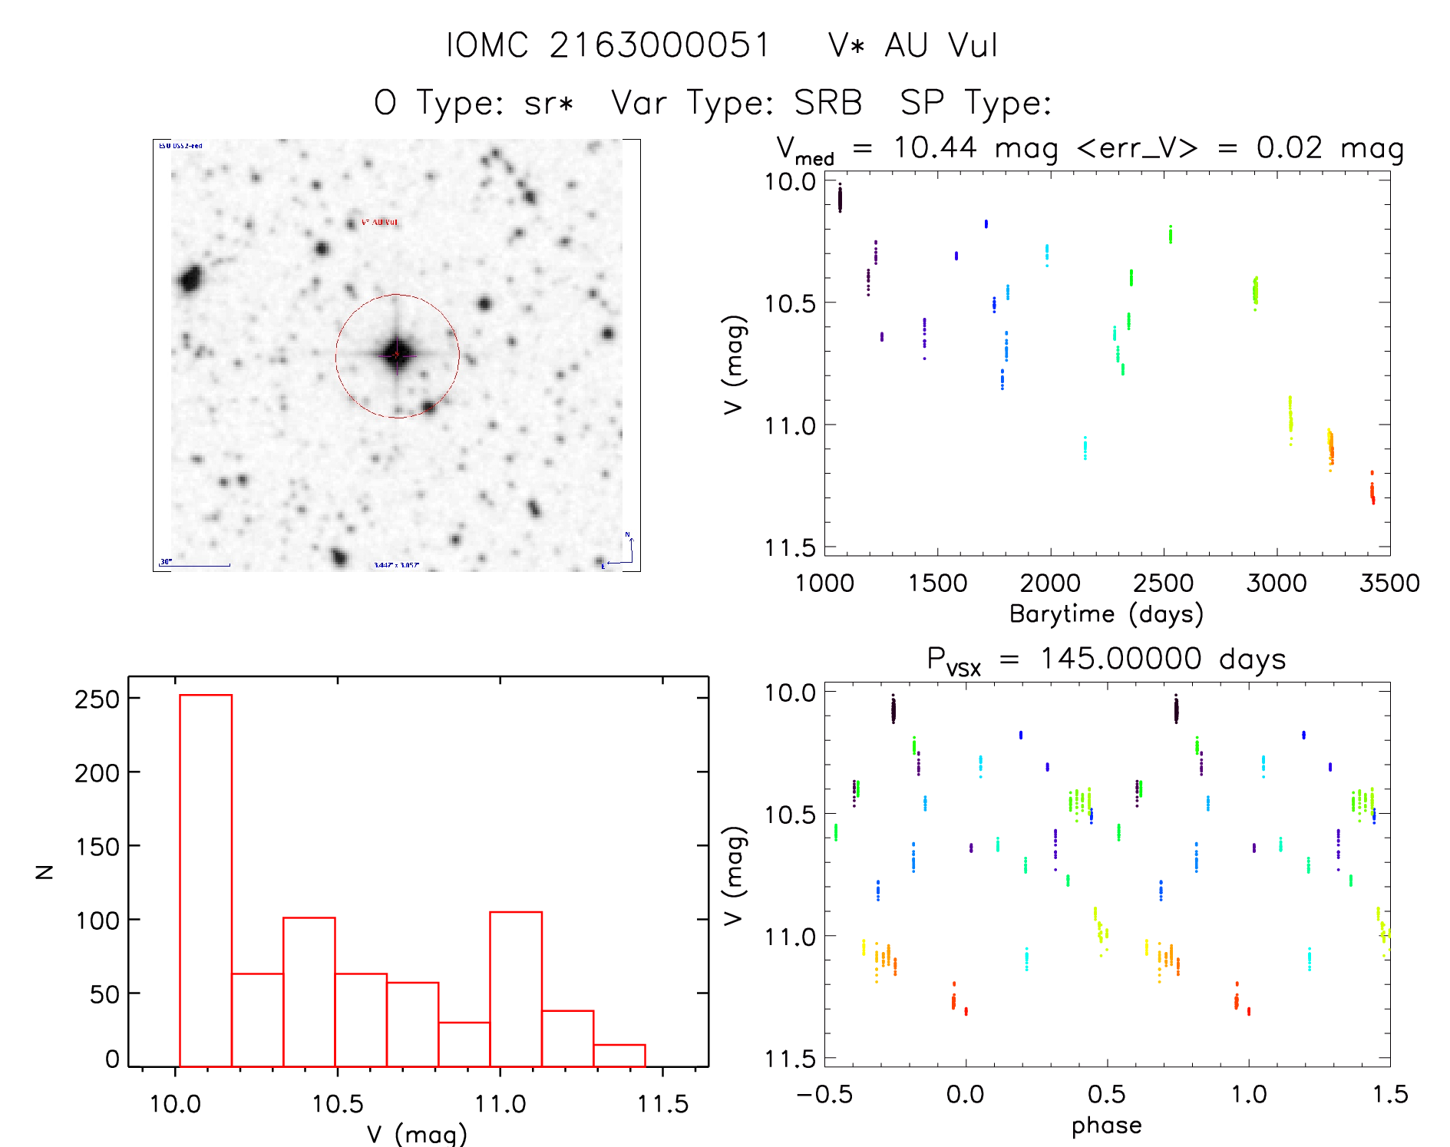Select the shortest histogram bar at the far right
[619, 1056]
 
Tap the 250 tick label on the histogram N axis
[97, 699]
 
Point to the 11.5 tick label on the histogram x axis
[662, 1104]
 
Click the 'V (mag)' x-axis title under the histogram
[417, 1134]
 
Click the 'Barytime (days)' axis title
[1106, 614]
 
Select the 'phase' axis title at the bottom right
[1106, 1126]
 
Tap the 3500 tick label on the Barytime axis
[1389, 583]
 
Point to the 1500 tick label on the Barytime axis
[937, 583]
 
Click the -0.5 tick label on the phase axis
[824, 1094]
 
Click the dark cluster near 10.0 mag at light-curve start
[840, 198]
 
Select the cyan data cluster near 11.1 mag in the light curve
[1085, 448]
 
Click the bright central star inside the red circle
[397, 354]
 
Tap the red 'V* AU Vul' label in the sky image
[379, 222]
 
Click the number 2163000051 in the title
[659, 45]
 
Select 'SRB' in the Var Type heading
[827, 102]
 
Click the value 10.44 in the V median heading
[935, 147]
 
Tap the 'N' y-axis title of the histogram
[45, 871]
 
